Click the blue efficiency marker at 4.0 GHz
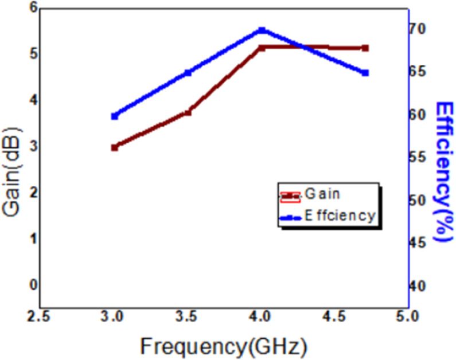pos(262,30)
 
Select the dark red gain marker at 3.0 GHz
pos(115,147)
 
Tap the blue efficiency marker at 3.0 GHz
pos(115,116)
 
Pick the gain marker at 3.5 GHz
pos(188,112)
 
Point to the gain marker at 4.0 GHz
pos(262,48)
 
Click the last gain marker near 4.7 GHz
pos(365,48)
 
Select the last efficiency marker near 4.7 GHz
pos(365,73)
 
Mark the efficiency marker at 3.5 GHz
pos(188,73)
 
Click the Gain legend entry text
pos(322,194)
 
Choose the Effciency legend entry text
pos(340,216)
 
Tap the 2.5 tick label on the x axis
pos(38,316)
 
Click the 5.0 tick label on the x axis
pos(408,316)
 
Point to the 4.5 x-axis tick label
pos(334,316)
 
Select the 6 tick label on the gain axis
pos(34,7)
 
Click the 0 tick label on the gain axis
pos(33,285)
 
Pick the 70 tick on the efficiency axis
pos(418,29)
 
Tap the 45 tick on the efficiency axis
pos(418,242)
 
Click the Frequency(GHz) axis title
pos(224,347)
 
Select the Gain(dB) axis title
pos(12,172)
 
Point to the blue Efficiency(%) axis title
pos(444,171)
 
